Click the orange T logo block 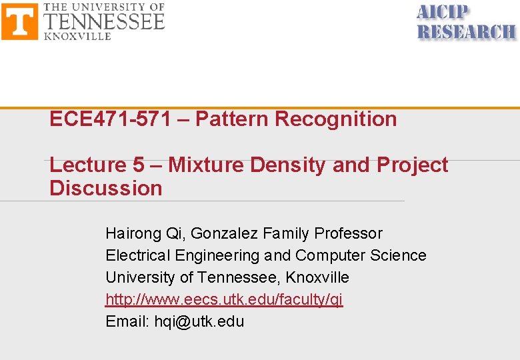20,21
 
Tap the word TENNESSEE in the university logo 104,22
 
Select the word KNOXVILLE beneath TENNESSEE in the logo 77,36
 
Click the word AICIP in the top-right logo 443,13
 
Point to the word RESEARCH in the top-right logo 466,31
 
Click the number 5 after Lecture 139,165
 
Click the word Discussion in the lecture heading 106,188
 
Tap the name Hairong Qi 145,233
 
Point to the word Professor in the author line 348,233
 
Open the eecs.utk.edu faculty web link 224,299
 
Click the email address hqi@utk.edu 199,321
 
